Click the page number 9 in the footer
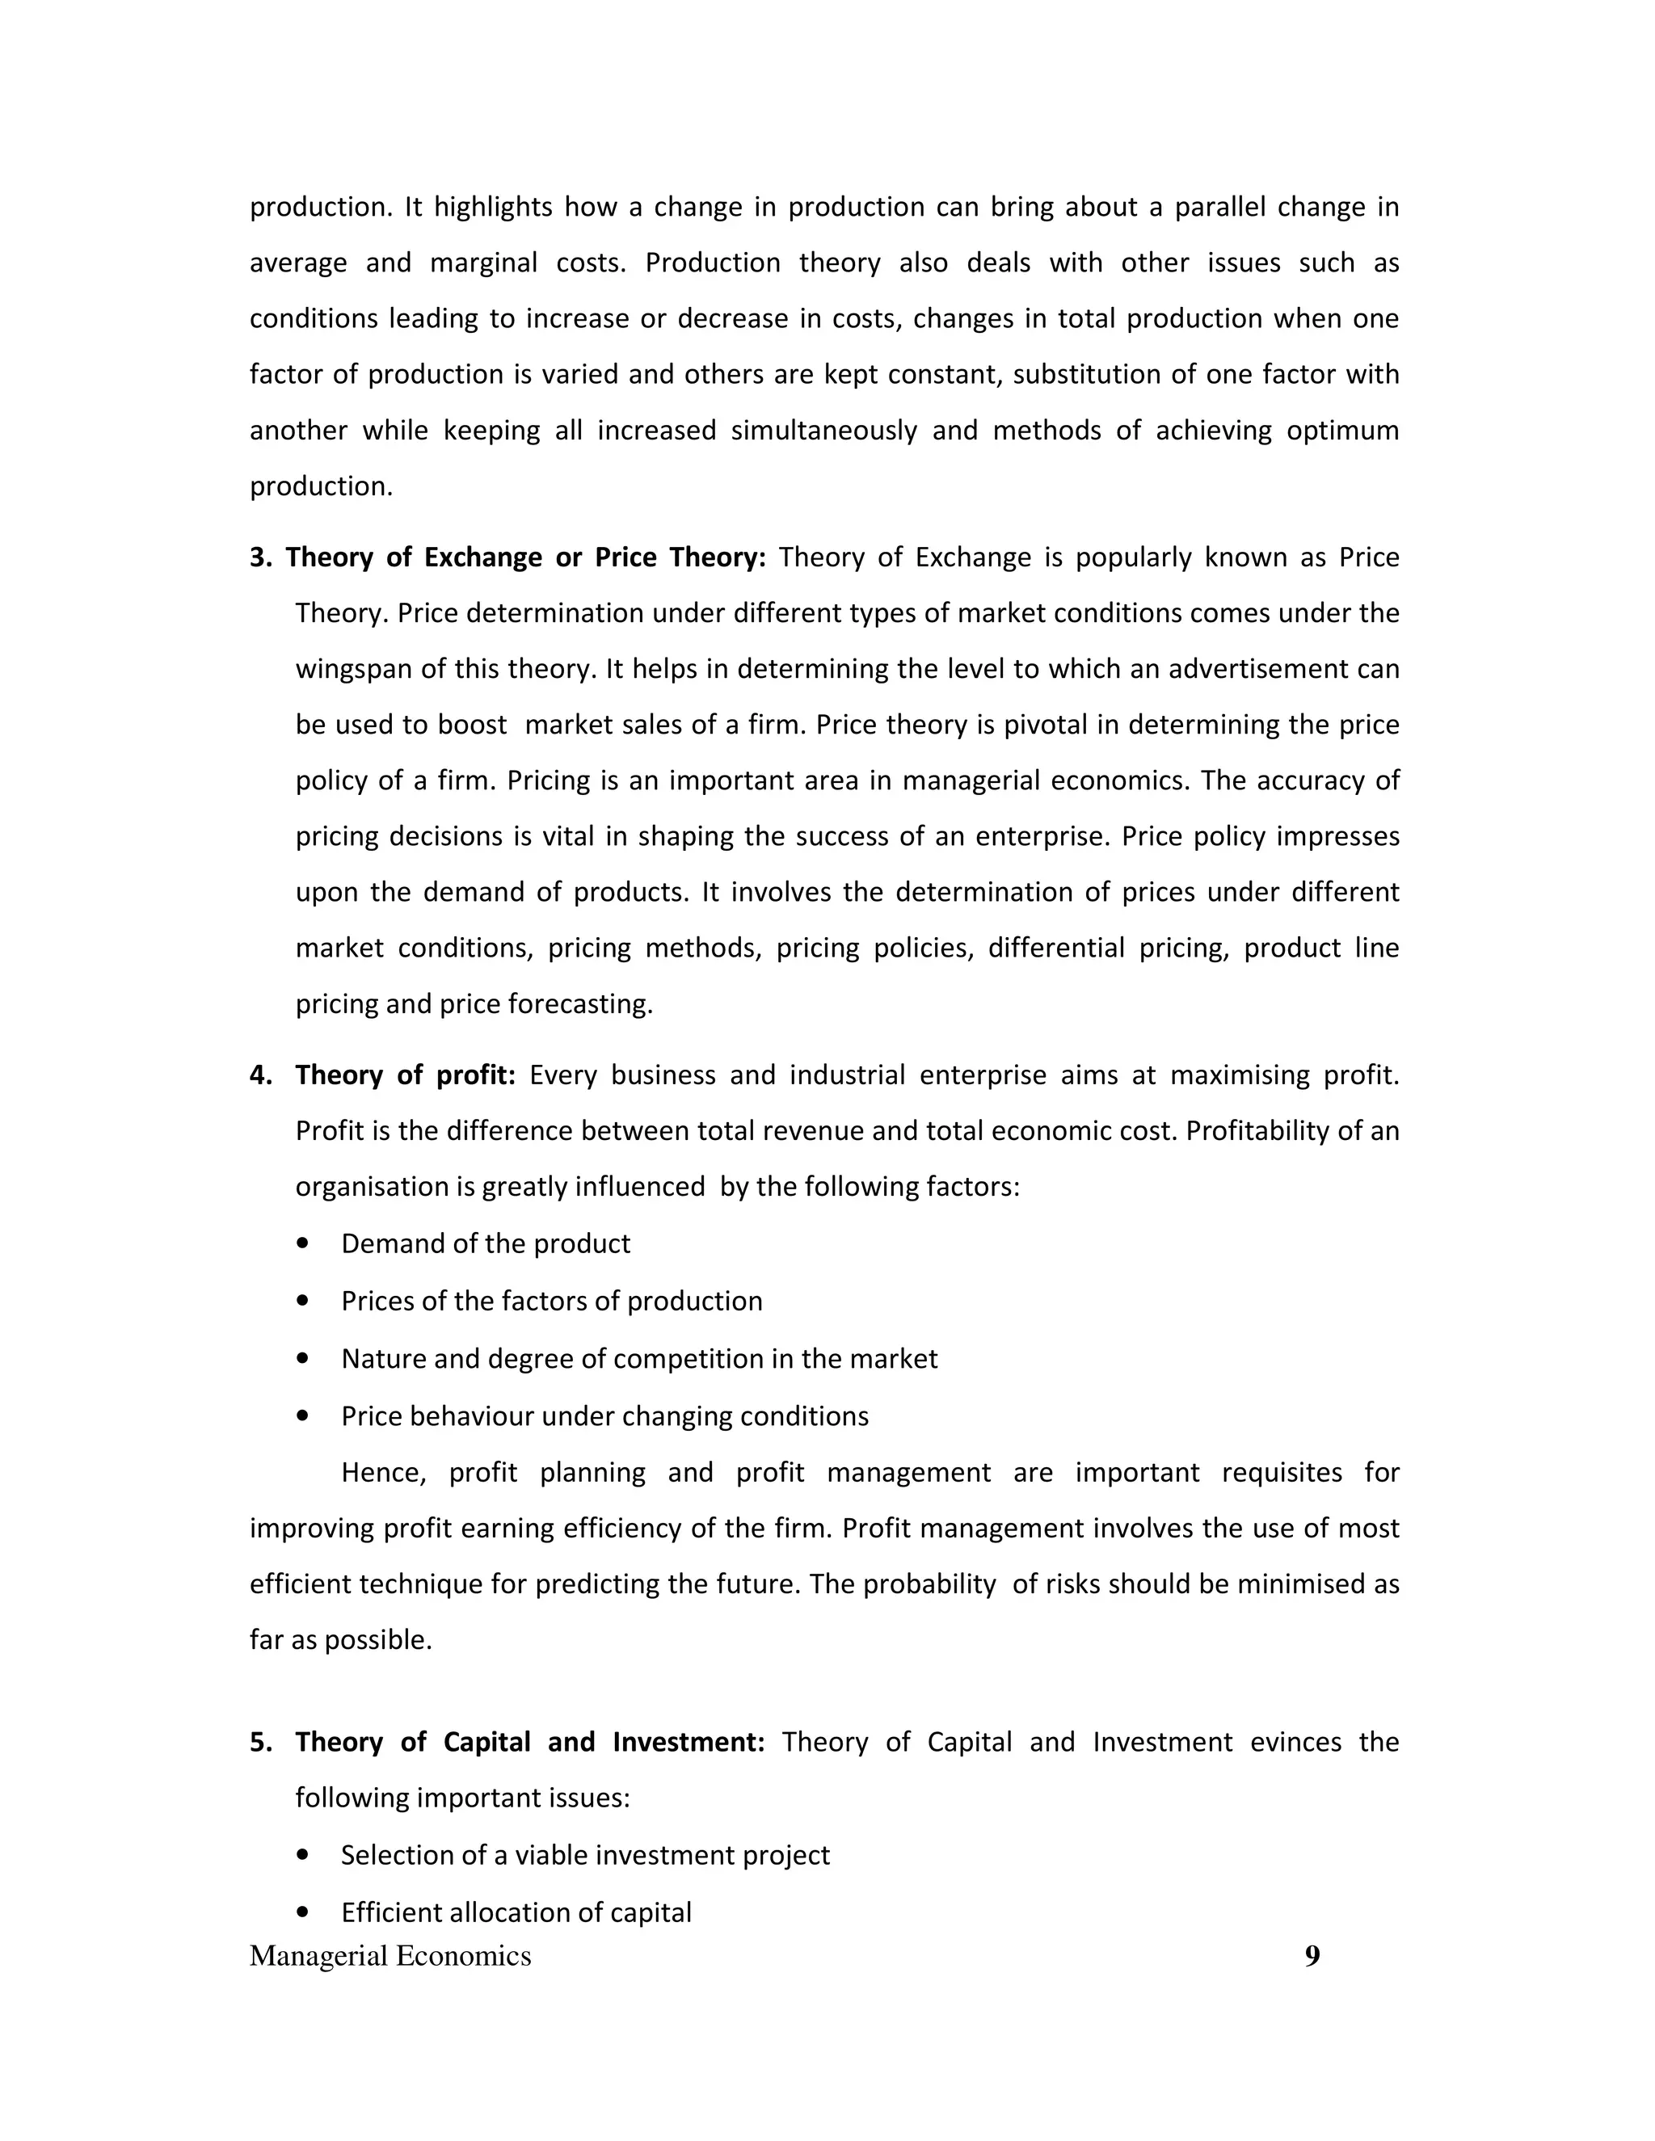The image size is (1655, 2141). tap(1312, 1956)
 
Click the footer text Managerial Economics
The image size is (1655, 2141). tap(390, 1956)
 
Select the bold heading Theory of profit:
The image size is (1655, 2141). tap(405, 1075)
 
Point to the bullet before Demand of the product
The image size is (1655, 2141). tap(302, 1243)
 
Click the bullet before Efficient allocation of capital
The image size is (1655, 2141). tap(302, 1912)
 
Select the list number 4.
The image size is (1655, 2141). tap(260, 1075)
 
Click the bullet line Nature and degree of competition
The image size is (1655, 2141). tap(638, 1359)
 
